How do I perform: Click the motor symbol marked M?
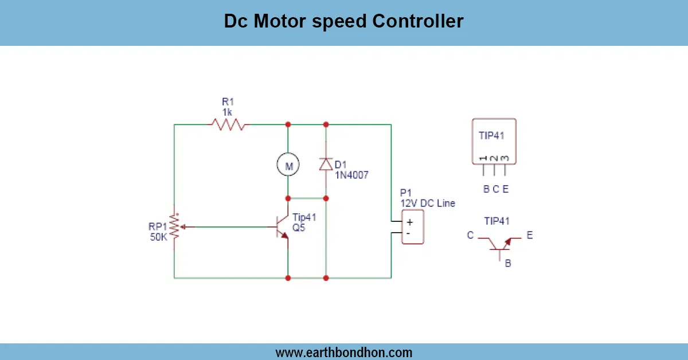tap(288, 166)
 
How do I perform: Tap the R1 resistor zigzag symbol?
tap(228, 124)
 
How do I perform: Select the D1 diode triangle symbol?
tap(326, 164)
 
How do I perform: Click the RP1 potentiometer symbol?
tap(174, 228)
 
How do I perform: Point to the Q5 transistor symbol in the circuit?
tap(282, 228)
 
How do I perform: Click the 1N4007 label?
tap(351, 175)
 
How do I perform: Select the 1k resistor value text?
tap(228, 112)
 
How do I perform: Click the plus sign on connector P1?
tap(409, 222)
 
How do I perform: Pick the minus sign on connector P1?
tap(408, 233)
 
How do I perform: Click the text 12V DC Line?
tap(427, 203)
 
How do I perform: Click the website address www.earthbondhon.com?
tap(343, 352)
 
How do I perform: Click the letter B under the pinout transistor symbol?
tap(507, 264)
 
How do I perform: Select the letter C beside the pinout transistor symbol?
tap(470, 235)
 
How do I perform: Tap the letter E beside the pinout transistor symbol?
tap(529, 235)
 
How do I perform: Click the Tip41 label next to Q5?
tap(304, 217)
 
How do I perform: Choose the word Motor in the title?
tap(283, 21)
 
